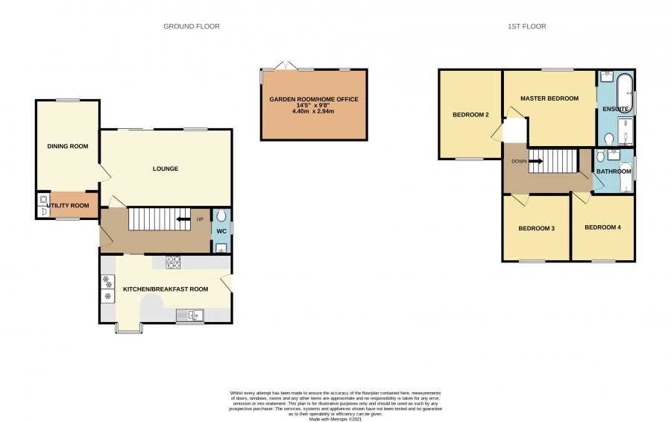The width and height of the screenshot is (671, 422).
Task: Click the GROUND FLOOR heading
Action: [192, 27]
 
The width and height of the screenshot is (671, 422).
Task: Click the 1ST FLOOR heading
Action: [527, 27]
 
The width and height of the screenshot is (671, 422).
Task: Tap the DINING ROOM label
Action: [68, 146]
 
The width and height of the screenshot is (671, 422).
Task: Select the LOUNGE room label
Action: [166, 169]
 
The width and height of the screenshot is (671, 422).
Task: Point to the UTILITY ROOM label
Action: [68, 206]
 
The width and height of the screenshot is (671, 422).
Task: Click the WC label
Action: [221, 232]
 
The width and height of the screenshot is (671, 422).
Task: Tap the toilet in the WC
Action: [221, 215]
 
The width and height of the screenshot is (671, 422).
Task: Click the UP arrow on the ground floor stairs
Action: [183, 219]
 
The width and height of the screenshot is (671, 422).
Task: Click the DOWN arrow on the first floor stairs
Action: [536, 161]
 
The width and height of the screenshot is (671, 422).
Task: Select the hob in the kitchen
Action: [173, 262]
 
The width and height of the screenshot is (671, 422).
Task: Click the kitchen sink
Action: [189, 316]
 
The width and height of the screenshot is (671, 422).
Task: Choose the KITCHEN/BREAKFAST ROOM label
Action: [166, 289]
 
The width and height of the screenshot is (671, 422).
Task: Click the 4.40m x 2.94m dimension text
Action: [313, 111]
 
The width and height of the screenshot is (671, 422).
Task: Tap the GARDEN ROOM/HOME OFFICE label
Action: [314, 99]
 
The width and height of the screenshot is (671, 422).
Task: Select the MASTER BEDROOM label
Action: [549, 98]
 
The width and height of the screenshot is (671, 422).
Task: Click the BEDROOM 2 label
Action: [470, 115]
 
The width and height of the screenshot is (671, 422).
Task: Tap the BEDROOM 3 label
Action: [536, 229]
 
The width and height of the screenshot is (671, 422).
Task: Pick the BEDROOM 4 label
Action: [602, 227]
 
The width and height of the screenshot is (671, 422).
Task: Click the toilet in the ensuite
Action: [609, 139]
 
